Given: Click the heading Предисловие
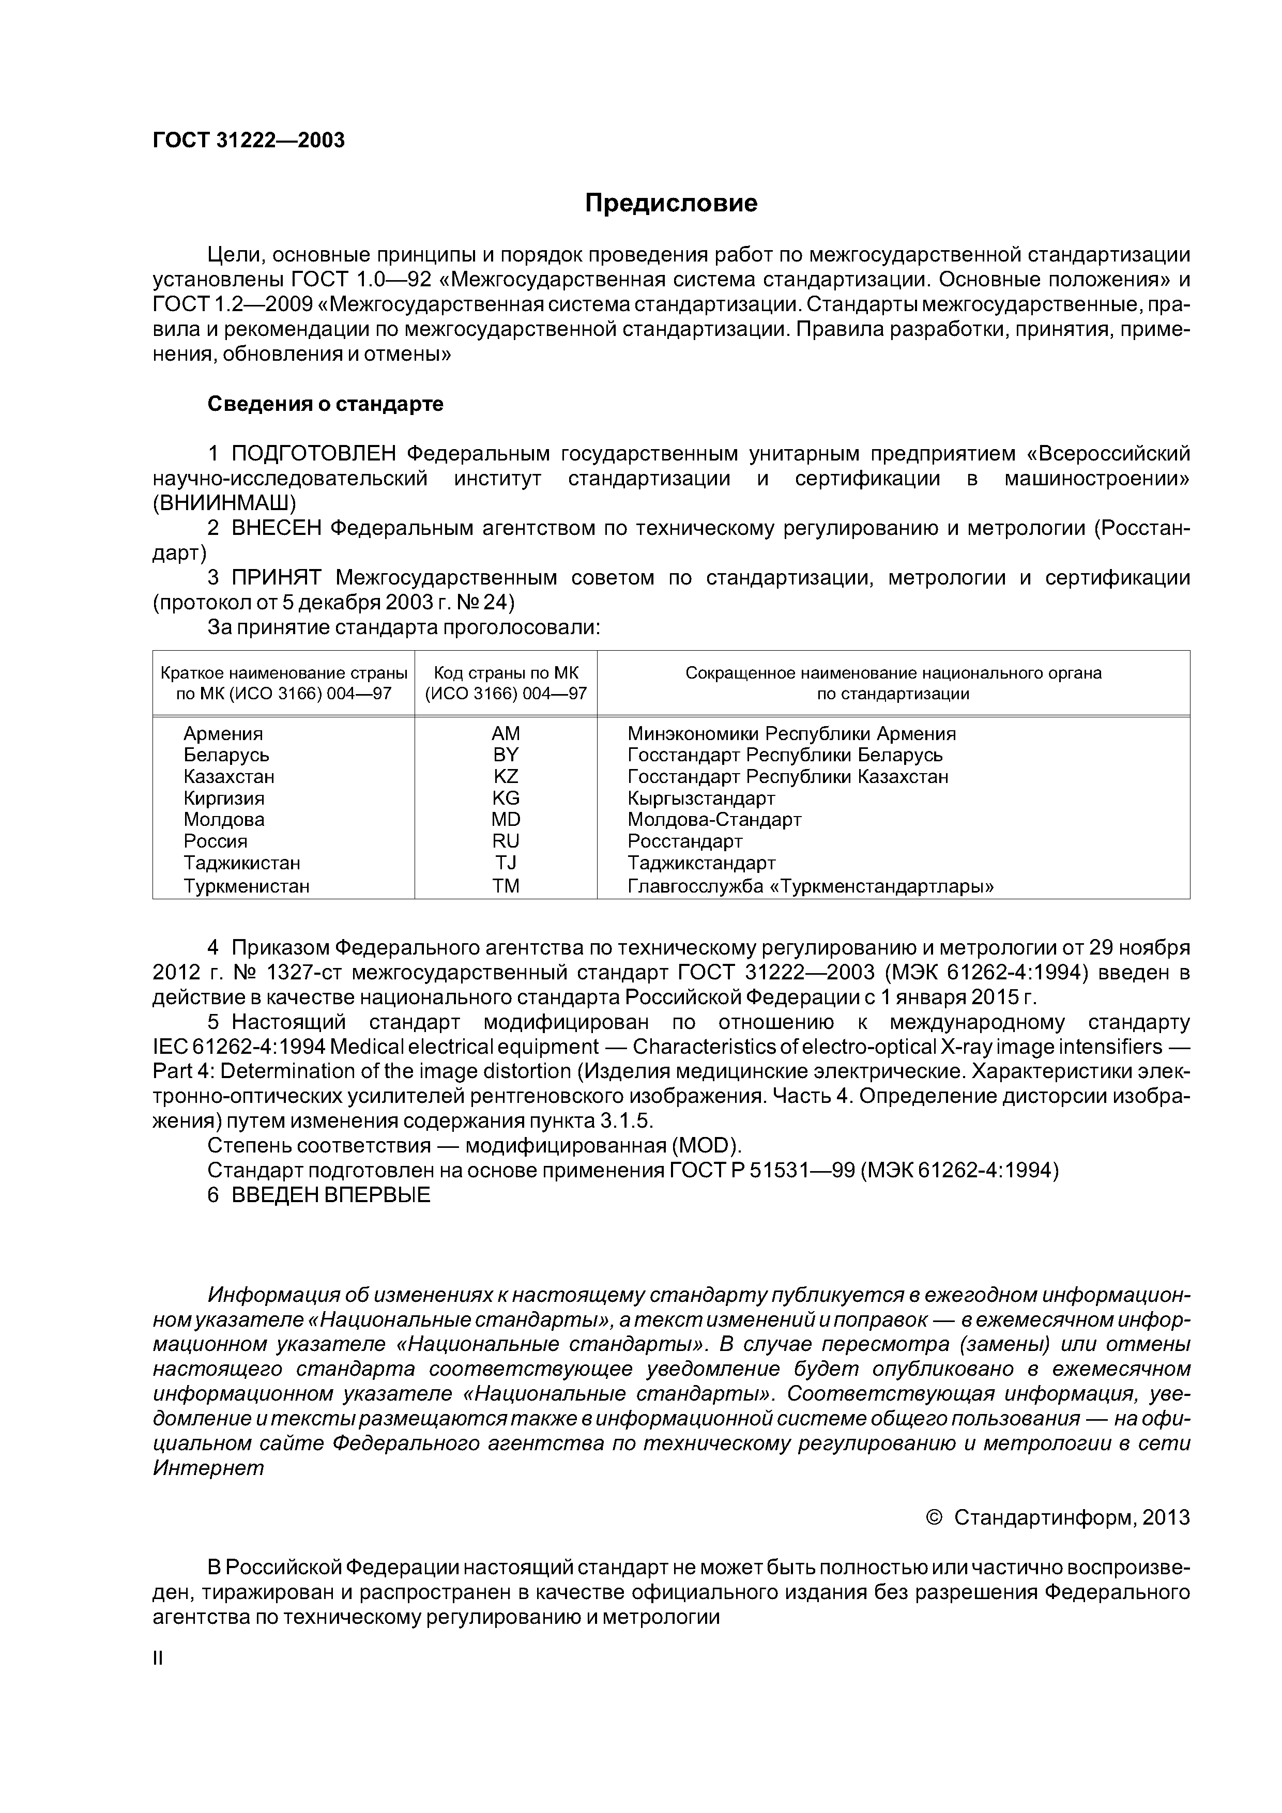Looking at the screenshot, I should pyautogui.click(x=670, y=204).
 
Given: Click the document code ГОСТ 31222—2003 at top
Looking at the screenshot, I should pyautogui.click(x=249, y=141).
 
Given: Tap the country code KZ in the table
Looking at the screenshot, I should pyautogui.click(x=506, y=776).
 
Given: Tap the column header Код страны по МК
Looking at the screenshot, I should pyautogui.click(x=506, y=673).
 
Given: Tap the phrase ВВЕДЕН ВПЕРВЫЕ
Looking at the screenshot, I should pyautogui.click(x=331, y=1195).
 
